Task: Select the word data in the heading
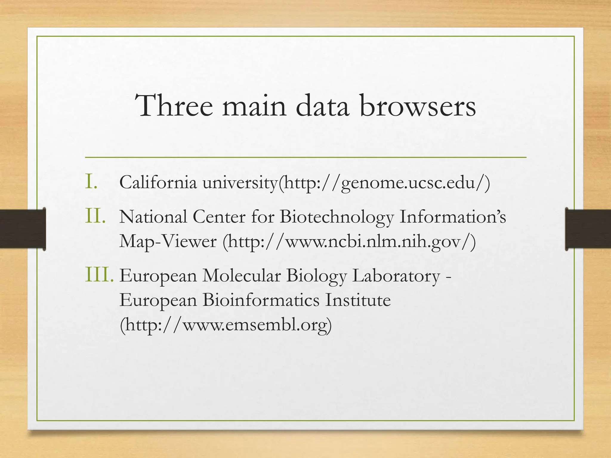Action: [323, 106]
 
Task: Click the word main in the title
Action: [254, 106]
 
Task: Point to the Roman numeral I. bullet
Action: [91, 182]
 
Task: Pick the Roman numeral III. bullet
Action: [99, 275]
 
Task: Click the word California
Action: [158, 182]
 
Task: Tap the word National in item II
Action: [153, 216]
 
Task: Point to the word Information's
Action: [452, 216]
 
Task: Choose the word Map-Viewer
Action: [168, 241]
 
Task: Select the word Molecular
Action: [241, 275]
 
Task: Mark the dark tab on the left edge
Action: [23, 229]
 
